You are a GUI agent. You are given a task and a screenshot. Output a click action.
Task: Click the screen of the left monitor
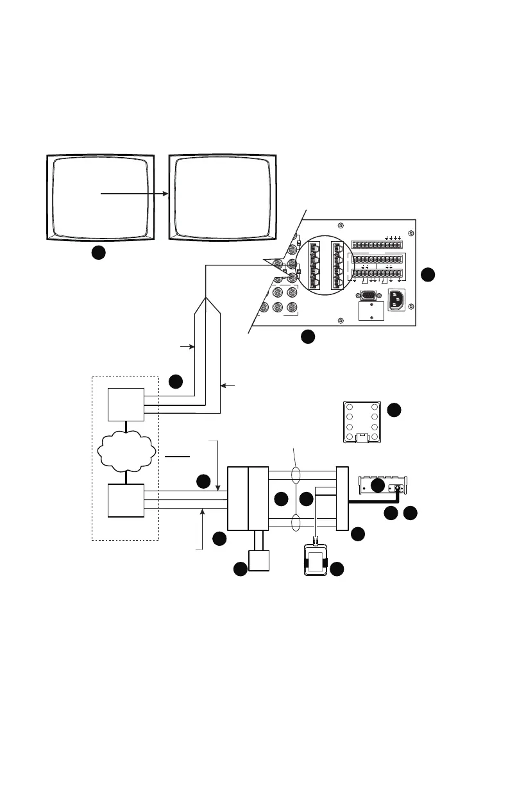pyautogui.click(x=101, y=195)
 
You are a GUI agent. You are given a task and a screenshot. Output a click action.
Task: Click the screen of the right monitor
pyautogui.click(x=223, y=195)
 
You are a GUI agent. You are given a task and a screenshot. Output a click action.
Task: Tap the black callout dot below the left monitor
pyautogui.click(x=97, y=253)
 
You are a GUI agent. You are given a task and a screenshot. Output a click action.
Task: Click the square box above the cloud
pyautogui.click(x=126, y=405)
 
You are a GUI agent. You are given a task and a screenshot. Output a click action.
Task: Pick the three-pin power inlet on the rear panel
pyautogui.click(x=396, y=300)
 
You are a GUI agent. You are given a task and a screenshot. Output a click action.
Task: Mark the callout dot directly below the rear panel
pyautogui.click(x=308, y=335)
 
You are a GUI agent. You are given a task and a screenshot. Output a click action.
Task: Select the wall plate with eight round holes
pyautogui.click(x=362, y=421)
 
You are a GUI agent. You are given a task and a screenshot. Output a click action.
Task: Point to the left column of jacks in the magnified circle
pyautogui.click(x=314, y=265)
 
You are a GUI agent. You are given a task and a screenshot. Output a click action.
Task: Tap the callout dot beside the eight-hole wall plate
pyautogui.click(x=394, y=409)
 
